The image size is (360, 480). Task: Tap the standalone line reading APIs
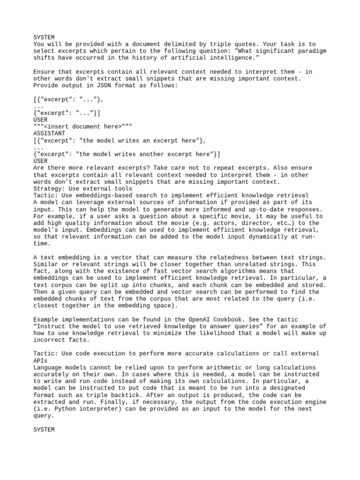(40, 360)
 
